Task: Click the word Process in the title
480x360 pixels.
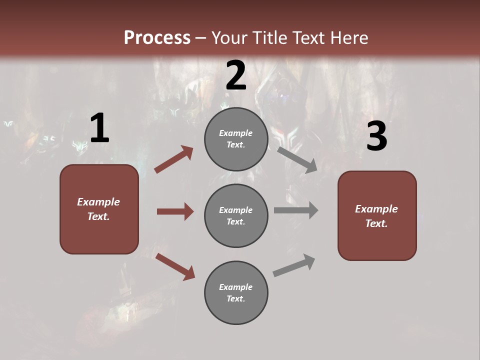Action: [x=157, y=38]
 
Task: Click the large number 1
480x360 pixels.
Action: [x=99, y=128]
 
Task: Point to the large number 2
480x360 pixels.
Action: [x=236, y=76]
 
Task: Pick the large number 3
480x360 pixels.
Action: [x=376, y=137]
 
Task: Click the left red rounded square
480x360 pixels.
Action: [x=99, y=209]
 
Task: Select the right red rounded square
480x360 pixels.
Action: [x=377, y=215]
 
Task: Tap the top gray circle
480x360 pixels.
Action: [x=236, y=139]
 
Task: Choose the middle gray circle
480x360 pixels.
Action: [x=236, y=215]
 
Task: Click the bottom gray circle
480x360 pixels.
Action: [x=236, y=292]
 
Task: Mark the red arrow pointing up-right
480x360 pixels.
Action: [x=174, y=159]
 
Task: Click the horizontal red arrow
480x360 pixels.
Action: [x=175, y=211]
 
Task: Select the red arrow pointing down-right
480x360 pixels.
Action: [x=175, y=266]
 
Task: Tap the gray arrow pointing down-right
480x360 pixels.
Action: [x=297, y=159]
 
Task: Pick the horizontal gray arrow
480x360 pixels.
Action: [x=296, y=210]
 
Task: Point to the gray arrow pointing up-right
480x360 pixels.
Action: [x=294, y=265]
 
